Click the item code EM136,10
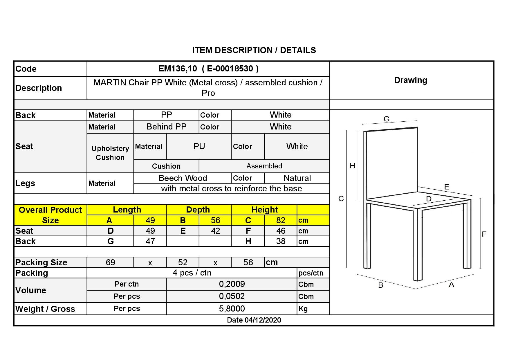coord(178,69)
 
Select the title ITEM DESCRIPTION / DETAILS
coord(254,50)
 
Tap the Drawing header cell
coord(410,80)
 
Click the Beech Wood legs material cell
coord(183,178)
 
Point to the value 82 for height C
coord(281,220)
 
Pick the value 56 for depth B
coord(215,220)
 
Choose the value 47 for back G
coord(150,241)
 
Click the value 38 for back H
coord(281,241)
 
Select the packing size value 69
coord(110,262)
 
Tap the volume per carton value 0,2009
coord(232,284)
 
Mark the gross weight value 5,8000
coord(232,309)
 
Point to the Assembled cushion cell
coord(264,166)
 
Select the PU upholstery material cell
coord(199,146)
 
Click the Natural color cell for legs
coord(297,178)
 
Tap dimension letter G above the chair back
coord(387,119)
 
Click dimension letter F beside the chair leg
coord(484,234)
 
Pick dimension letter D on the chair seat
coord(429,199)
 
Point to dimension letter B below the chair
coord(381,285)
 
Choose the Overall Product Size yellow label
coord(50,215)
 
